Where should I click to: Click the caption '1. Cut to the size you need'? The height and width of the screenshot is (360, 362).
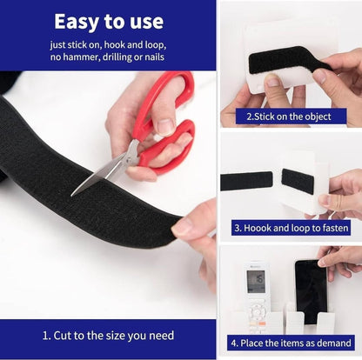[x=108, y=336]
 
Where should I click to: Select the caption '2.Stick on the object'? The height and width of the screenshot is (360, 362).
[x=289, y=115]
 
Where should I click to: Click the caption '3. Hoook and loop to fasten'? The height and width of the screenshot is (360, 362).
[x=290, y=229]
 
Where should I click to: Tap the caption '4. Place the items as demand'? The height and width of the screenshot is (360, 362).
[x=290, y=343]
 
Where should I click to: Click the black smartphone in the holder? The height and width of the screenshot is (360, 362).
[x=310, y=290]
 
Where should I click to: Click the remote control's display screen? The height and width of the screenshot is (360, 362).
[x=256, y=281]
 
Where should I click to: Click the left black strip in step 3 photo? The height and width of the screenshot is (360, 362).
[x=246, y=181]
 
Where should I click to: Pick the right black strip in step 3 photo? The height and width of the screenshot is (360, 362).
[x=298, y=181]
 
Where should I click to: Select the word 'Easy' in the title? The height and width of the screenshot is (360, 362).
[x=77, y=21]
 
